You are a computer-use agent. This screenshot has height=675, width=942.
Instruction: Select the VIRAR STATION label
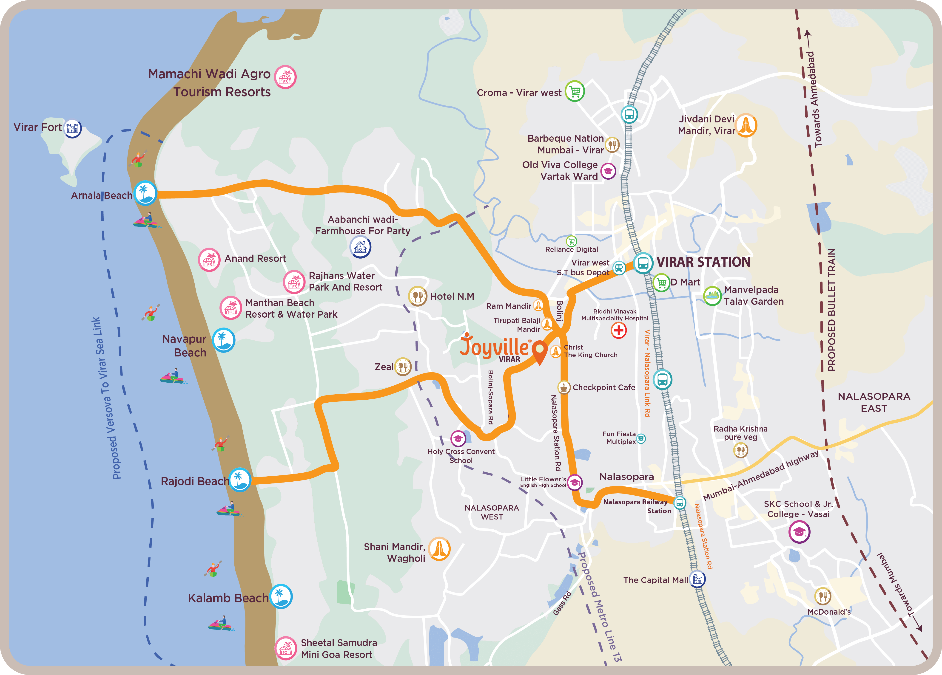[x=703, y=262]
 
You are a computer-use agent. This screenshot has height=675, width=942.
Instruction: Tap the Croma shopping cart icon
[x=575, y=91]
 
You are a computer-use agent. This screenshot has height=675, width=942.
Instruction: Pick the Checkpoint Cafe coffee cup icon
[x=564, y=387]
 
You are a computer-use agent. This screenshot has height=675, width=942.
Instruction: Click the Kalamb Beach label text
[x=228, y=598]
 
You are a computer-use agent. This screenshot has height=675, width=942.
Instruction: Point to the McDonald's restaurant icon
[x=823, y=596]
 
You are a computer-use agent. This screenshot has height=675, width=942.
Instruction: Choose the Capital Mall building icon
[x=697, y=579]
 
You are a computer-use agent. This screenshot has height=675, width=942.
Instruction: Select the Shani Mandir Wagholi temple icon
[x=439, y=549]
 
